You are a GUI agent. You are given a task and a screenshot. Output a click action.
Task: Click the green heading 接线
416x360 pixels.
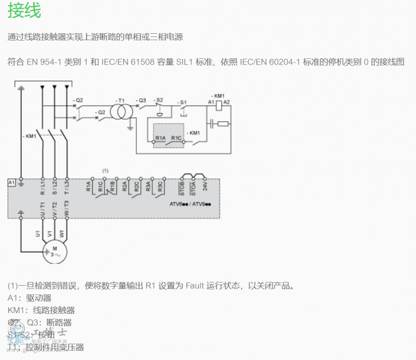(x=24, y=10)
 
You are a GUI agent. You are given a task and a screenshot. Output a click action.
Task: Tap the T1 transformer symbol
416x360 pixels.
(x=121, y=110)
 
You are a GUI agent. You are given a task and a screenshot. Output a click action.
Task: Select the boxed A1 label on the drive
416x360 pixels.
(x=11, y=182)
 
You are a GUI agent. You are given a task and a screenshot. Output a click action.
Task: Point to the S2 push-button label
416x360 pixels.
(x=159, y=99)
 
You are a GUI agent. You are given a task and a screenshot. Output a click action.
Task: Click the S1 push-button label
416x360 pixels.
(x=182, y=102)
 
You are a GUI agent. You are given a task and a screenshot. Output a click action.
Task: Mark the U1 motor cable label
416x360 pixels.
(x=38, y=234)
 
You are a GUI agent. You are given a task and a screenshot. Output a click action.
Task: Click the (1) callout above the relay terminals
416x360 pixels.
(x=106, y=170)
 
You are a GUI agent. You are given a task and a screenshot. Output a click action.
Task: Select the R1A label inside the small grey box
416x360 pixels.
(x=160, y=138)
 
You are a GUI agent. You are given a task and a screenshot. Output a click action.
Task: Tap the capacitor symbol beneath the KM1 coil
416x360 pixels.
(x=211, y=123)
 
